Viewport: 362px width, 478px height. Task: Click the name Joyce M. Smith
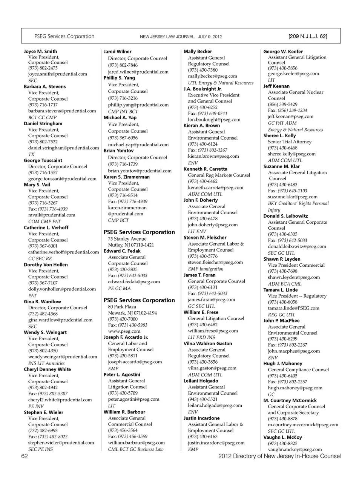pyautogui.click(x=40, y=51)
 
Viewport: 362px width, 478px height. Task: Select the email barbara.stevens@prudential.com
pyautogui.click(x=62, y=111)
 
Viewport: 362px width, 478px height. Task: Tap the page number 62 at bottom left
pyautogui.click(x=25, y=456)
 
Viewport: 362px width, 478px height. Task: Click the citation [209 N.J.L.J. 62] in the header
pyautogui.click(x=307, y=37)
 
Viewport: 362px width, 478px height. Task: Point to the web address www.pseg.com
pyautogui.click(x=124, y=331)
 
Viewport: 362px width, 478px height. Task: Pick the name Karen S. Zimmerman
pyautogui.click(x=127, y=177)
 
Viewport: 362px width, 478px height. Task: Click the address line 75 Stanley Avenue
pyautogui.click(x=127, y=239)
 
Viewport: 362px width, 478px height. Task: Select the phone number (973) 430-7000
pyautogui.click(x=123, y=319)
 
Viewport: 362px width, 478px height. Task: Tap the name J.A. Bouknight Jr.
pyautogui.click(x=202, y=89)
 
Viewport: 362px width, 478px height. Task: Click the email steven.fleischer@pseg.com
pyautogui.click(x=215, y=262)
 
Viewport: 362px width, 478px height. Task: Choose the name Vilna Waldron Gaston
pyautogui.click(x=208, y=344)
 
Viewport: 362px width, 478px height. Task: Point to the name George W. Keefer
pyautogui.click(x=283, y=52)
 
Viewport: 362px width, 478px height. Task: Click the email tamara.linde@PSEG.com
pyautogui.click(x=293, y=308)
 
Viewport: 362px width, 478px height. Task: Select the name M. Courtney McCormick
pyautogui.click(x=290, y=401)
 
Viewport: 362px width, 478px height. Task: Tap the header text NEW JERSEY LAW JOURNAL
pyautogui.click(x=167, y=37)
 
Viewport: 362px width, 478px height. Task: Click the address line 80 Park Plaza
pyautogui.click(x=122, y=307)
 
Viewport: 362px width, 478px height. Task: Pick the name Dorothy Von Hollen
pyautogui.click(x=46, y=265)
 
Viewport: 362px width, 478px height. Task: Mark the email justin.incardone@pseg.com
pyautogui.click(x=216, y=443)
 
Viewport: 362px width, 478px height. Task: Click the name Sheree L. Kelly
pyautogui.click(x=279, y=135)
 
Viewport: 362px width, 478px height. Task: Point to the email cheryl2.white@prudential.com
pyautogui.click(x=60, y=400)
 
